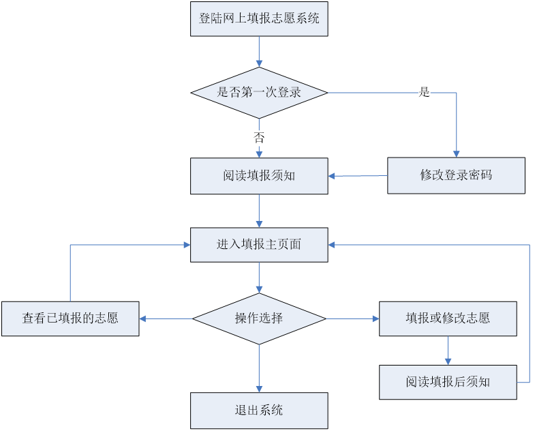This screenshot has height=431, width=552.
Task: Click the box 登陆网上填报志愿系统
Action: click(x=259, y=18)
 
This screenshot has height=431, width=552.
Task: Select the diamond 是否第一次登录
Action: click(x=259, y=92)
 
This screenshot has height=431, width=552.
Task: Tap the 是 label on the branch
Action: click(x=425, y=93)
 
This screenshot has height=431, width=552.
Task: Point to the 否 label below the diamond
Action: click(x=259, y=138)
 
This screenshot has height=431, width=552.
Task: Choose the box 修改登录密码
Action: click(x=456, y=175)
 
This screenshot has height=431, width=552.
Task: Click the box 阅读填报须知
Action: click(x=259, y=176)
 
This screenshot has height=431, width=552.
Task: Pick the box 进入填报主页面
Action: click(x=259, y=244)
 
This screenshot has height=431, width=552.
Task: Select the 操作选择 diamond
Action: click(x=259, y=318)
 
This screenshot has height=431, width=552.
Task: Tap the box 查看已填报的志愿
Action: click(x=70, y=318)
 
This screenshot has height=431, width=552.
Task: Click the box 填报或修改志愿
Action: click(x=448, y=318)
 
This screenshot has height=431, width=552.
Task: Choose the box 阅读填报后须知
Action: click(x=448, y=382)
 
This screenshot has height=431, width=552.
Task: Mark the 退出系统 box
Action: click(x=259, y=410)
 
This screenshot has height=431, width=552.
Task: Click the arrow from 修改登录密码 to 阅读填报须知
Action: click(x=358, y=176)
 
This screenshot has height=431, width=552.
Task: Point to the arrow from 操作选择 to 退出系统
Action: click(x=259, y=368)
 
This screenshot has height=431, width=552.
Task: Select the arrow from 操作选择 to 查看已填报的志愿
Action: click(x=166, y=318)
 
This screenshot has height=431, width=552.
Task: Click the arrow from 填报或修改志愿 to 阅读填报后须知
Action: click(x=448, y=351)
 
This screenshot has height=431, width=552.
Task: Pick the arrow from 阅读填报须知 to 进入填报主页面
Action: click(x=259, y=210)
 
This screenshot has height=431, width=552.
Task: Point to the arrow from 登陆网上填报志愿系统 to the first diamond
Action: click(x=259, y=51)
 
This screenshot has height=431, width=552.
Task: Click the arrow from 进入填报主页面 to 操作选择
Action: click(x=259, y=278)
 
